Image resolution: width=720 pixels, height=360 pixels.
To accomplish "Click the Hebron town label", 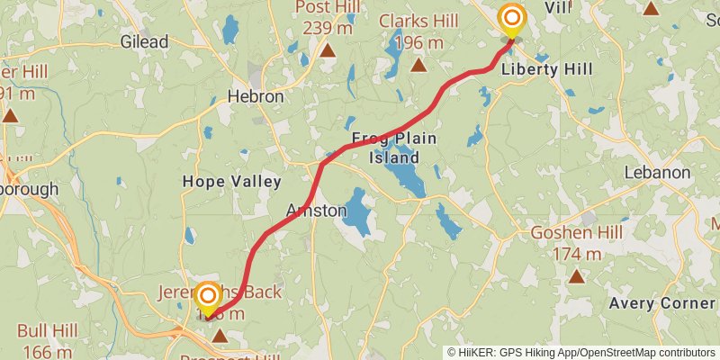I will [x=256, y=96].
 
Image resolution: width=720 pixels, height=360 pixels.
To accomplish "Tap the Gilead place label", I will [x=144, y=41].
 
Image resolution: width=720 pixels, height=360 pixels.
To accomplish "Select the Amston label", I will [x=316, y=210].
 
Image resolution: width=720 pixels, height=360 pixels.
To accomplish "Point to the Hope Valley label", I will [x=232, y=181].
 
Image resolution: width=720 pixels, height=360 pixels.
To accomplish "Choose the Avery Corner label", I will [x=661, y=303].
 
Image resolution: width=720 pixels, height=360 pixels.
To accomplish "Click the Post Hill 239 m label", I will [x=328, y=18].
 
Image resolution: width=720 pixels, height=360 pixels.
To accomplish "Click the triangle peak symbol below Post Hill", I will [x=328, y=51].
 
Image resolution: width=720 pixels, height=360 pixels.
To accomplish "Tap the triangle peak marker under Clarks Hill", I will [x=418, y=64].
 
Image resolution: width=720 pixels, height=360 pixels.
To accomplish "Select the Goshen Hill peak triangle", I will [x=577, y=275].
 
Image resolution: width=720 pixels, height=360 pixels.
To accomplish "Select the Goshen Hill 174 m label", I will [x=577, y=243].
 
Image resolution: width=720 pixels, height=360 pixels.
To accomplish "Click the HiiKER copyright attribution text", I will [x=580, y=352].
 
